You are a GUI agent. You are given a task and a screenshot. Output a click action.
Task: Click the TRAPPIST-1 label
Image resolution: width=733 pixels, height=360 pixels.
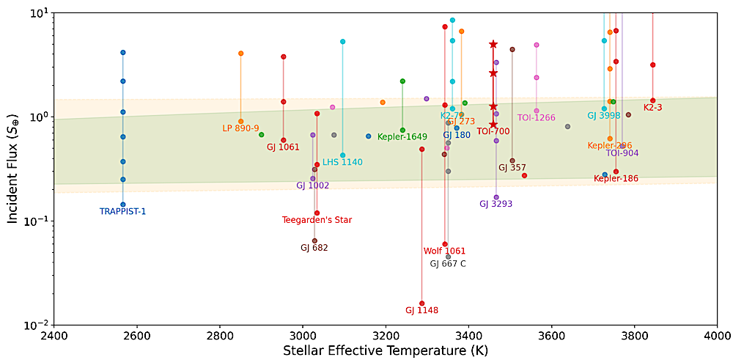point(122,212)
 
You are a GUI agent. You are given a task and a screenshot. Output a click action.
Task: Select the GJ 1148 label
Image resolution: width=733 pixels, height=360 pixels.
point(421,310)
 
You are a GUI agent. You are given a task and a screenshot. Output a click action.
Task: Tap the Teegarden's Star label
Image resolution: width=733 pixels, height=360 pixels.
point(317,220)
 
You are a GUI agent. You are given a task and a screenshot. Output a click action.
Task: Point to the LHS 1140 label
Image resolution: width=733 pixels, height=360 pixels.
point(342,162)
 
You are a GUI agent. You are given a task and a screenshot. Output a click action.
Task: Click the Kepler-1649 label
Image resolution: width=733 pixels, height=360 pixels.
point(402,137)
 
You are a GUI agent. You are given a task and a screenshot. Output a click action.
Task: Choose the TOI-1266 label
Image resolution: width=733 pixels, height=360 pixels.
point(536,117)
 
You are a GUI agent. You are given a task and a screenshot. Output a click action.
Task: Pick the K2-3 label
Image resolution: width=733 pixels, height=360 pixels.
point(652,107)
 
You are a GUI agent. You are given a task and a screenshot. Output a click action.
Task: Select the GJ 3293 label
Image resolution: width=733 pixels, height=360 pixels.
point(495,204)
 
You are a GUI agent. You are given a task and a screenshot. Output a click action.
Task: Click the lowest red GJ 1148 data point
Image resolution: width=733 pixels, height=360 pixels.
point(421,303)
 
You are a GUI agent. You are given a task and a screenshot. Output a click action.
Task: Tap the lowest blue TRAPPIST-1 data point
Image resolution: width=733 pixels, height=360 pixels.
point(123,205)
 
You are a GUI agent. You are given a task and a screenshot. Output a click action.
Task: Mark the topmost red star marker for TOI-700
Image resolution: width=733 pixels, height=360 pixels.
point(493,45)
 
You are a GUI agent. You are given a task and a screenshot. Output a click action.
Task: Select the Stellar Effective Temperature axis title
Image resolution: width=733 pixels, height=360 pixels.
point(385,351)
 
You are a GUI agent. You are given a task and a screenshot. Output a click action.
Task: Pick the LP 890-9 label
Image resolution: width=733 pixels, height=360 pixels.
point(240,128)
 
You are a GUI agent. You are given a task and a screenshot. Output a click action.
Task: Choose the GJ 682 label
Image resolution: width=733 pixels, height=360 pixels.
point(314,248)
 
